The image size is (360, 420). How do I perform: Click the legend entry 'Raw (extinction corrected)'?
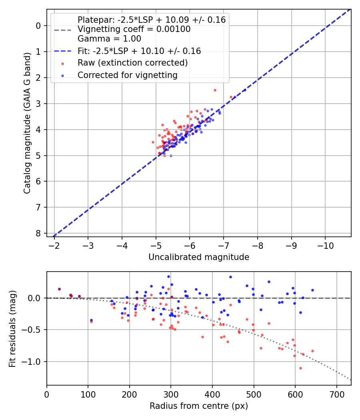tap(132, 63)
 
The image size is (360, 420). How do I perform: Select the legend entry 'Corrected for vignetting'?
tap(128, 75)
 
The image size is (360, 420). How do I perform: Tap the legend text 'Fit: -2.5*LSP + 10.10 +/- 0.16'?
tap(139, 51)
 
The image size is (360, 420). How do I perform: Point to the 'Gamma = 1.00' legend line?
tap(109, 39)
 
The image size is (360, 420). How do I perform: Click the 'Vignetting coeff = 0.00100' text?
tap(134, 29)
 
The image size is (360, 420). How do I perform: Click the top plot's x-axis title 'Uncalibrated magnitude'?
tap(199, 257)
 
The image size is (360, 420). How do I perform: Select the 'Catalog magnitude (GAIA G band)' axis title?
tap(27, 131)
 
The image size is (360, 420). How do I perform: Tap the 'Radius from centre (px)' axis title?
tap(199, 406)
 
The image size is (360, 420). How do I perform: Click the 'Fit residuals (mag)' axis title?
tap(12, 329)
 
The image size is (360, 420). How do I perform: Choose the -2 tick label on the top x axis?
tap(54, 245)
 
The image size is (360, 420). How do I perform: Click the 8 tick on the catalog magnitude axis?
tap(38, 233)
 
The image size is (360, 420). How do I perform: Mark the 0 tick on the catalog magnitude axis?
tap(38, 26)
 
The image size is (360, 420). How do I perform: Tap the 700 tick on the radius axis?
tap(336, 394)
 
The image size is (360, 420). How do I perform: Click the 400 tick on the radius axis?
tap(212, 394)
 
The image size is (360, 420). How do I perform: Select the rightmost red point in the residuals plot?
tap(312, 351)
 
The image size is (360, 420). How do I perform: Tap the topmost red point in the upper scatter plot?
tap(215, 90)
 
